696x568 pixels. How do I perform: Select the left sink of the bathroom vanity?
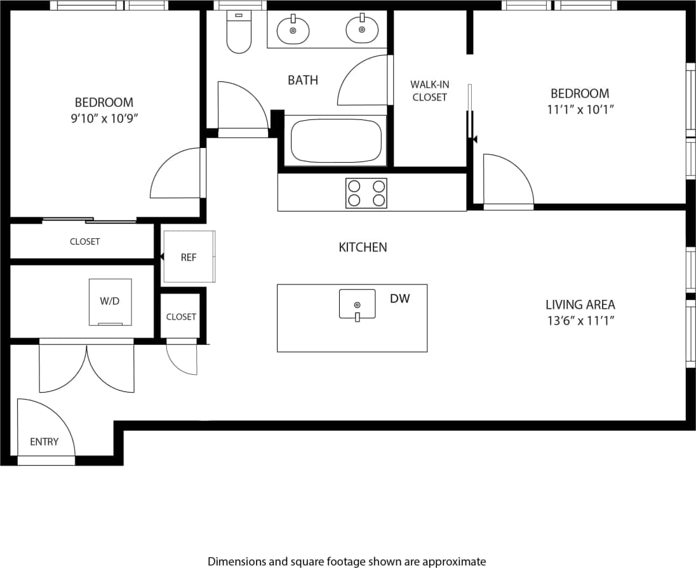[x=293, y=29]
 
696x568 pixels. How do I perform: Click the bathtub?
[x=337, y=141]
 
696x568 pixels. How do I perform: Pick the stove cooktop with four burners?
[x=366, y=193]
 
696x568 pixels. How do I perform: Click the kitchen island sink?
[x=357, y=304]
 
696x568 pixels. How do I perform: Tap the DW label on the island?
[x=399, y=298]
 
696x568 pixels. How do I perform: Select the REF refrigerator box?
[x=189, y=257]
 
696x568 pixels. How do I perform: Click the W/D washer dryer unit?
[x=110, y=302]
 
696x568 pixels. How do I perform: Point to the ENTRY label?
[x=44, y=442]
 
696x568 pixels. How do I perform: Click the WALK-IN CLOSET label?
[x=429, y=91]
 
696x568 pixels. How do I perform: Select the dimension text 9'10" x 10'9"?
[x=104, y=118]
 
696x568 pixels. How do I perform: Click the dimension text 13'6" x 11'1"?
[x=580, y=320]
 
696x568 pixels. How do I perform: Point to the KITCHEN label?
[x=363, y=247]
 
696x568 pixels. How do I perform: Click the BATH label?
[x=303, y=80]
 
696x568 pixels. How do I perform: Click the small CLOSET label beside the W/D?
[x=181, y=316]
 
